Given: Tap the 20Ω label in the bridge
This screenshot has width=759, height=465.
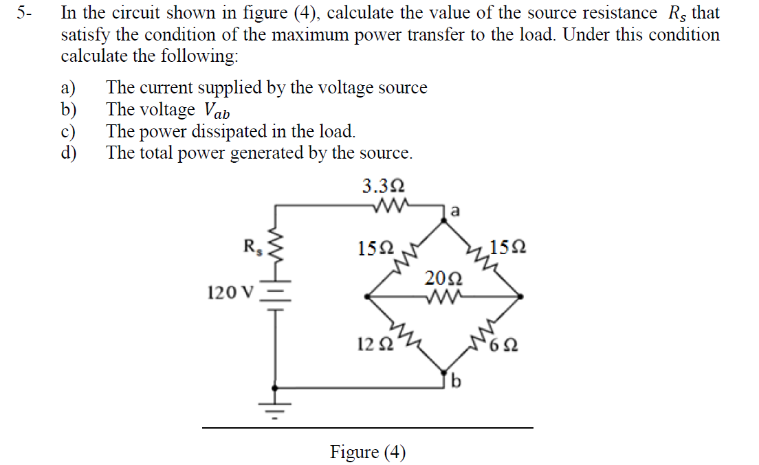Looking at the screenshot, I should (x=443, y=278).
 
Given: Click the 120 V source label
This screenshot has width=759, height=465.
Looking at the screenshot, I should (x=231, y=293).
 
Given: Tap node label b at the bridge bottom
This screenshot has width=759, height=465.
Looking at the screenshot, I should (x=455, y=382).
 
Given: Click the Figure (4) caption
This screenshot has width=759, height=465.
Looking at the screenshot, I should (x=368, y=452).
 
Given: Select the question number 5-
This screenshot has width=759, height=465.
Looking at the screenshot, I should (x=25, y=13).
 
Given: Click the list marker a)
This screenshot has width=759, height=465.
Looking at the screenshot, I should (x=67, y=88).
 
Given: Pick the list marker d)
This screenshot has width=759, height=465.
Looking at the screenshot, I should (x=68, y=152).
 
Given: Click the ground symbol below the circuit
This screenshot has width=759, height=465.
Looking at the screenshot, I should (x=276, y=408).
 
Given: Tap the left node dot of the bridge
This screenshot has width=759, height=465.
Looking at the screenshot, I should (x=368, y=297).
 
